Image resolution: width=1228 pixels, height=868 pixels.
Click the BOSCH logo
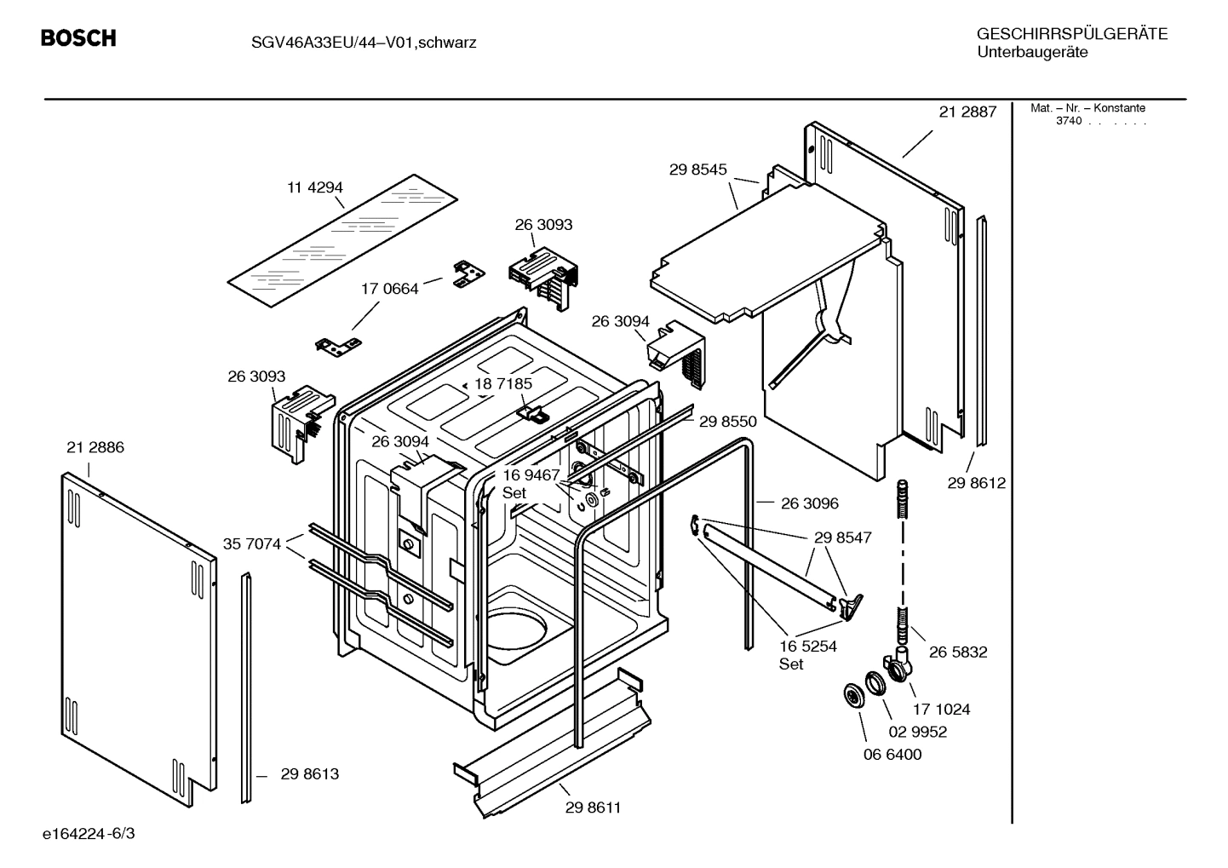point(78,38)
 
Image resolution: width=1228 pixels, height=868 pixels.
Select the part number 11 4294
point(314,187)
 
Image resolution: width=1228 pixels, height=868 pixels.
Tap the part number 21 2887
point(967,112)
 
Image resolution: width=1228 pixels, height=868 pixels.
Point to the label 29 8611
point(593,808)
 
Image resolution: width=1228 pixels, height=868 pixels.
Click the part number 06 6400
point(892,754)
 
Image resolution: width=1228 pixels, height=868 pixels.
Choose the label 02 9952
point(917,732)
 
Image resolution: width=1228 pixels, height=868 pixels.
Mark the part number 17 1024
point(941,709)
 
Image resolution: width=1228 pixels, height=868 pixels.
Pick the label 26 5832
point(958,652)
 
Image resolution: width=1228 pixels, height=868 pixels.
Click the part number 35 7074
point(252,543)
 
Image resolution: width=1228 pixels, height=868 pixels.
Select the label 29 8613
point(309,773)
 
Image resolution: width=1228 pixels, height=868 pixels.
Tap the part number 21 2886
point(95,447)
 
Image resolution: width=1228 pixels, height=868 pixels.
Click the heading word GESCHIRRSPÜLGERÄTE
point(1071,34)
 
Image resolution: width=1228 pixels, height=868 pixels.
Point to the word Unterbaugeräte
point(1031,53)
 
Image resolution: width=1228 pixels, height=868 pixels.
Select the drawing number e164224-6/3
point(89,833)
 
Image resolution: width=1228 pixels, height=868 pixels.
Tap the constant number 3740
point(1068,121)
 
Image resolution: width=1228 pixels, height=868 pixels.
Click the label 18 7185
point(503,384)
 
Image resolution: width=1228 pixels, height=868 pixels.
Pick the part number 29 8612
point(976,483)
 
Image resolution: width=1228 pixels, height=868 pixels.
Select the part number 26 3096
point(809,503)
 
